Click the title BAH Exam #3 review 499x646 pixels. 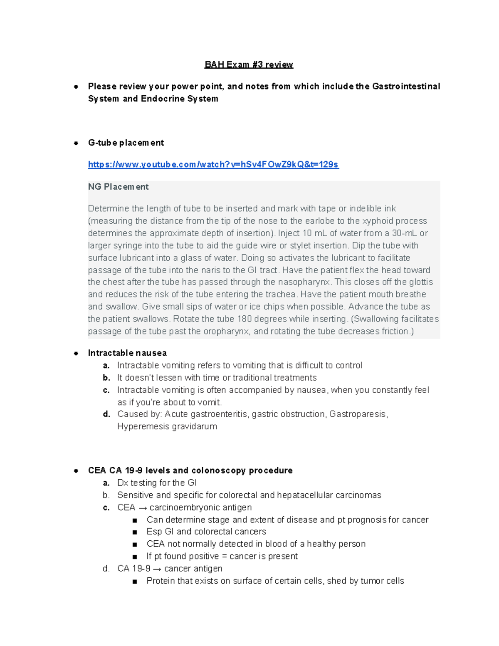pyautogui.click(x=249, y=64)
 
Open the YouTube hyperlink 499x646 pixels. pyautogui.click(x=213, y=164)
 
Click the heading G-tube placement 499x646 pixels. pyautogui.click(x=126, y=143)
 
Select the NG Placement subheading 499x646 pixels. pyautogui.click(x=118, y=187)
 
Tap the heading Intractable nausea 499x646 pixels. pyautogui.click(x=127, y=353)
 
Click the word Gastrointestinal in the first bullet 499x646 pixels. pyautogui.click(x=406, y=86)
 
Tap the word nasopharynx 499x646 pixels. pyautogui.click(x=305, y=282)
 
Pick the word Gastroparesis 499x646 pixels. pyautogui.click(x=358, y=414)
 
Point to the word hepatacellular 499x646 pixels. pyautogui.click(x=305, y=495)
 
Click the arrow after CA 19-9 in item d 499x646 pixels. pyautogui.click(x=157, y=569)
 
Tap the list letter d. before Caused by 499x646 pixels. pyautogui.click(x=106, y=414)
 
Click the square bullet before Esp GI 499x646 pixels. pyautogui.click(x=134, y=532)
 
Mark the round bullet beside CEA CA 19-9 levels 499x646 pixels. pyautogui.click(x=76, y=470)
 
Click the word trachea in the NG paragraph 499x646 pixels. pyautogui.click(x=281, y=294)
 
